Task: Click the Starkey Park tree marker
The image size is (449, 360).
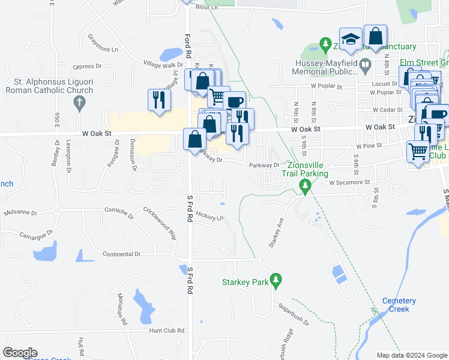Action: point(276,280)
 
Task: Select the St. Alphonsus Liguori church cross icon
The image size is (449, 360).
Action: point(79,103)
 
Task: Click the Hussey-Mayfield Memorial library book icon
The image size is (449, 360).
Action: point(365,64)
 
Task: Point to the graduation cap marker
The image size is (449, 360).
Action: point(351,40)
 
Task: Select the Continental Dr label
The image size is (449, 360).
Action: point(121,254)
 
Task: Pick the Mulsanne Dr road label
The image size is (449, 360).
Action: point(20,212)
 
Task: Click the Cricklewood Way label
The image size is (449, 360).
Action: point(160,223)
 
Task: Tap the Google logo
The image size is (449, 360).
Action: point(20,352)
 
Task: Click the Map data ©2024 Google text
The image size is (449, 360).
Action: point(411,355)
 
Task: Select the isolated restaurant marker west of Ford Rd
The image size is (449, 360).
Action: point(158,100)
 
